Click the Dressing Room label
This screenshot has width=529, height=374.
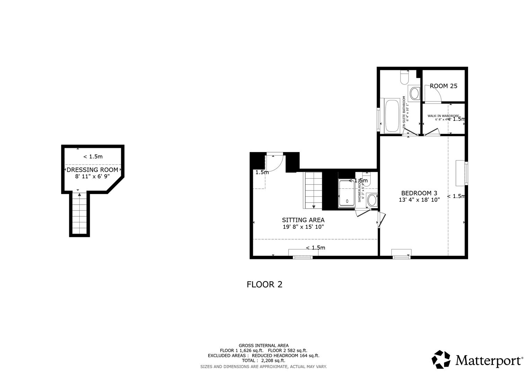(x=92, y=170)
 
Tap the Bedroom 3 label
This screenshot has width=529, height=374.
(x=419, y=193)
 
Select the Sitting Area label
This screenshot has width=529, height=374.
(x=303, y=220)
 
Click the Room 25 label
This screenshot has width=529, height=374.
(x=443, y=86)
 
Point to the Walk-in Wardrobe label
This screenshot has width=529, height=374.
(x=443, y=116)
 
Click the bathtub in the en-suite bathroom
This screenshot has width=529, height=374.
(x=392, y=116)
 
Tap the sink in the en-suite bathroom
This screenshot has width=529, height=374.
(x=414, y=93)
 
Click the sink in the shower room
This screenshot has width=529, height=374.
(x=372, y=200)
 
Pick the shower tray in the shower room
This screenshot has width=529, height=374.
(x=347, y=194)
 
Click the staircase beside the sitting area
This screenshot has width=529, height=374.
(x=313, y=190)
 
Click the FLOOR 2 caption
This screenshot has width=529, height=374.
(x=264, y=285)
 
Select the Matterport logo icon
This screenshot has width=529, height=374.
(x=441, y=359)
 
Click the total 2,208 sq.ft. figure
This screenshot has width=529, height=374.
(x=263, y=360)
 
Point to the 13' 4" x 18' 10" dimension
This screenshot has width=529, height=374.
(x=419, y=200)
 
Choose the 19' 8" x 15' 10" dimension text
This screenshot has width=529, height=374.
(x=303, y=227)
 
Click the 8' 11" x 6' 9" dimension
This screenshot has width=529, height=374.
(x=92, y=176)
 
